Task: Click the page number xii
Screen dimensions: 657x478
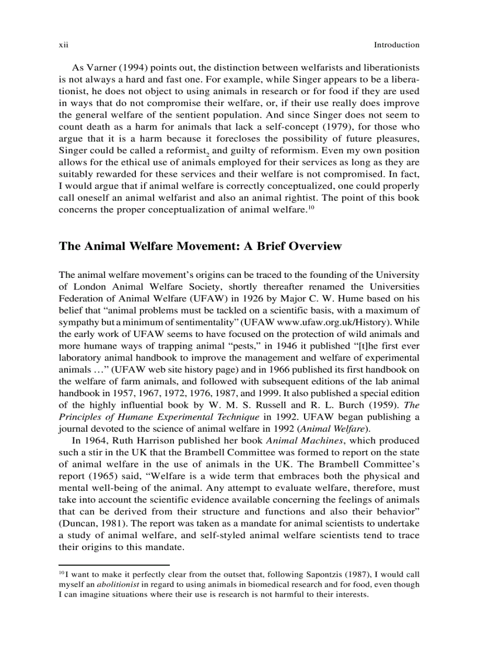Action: (63, 45)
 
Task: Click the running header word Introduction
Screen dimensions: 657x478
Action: (397, 45)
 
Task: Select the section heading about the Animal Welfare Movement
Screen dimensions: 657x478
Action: (200, 246)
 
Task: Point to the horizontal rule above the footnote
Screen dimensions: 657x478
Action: (114, 565)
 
